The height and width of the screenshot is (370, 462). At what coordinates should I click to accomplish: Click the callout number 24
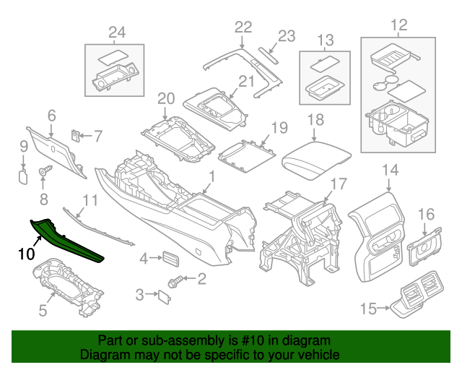pos(116,31)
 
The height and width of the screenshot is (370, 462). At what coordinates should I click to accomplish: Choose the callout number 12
pos(398,27)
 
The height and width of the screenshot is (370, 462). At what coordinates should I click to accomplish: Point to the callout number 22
pos(243,27)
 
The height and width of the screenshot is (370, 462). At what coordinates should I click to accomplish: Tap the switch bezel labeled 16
pos(424,246)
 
